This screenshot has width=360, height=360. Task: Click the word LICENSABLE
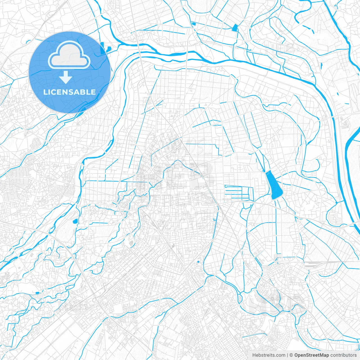pyautogui.click(x=69, y=92)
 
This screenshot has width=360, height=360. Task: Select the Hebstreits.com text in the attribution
pyautogui.click(x=269, y=355)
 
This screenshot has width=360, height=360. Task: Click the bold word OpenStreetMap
pyautogui.click(x=311, y=355)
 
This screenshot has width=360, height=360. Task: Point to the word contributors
pyautogui.click(x=343, y=355)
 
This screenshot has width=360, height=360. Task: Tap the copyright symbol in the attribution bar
pyautogui.click(x=291, y=355)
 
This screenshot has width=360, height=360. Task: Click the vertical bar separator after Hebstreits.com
pyautogui.click(x=287, y=355)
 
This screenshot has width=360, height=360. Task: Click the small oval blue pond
pyautogui.click(x=75, y=221)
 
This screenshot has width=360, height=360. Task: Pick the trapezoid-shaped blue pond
pyautogui.click(x=235, y=28)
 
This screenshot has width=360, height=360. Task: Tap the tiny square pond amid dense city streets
pyautogui.click(x=198, y=262)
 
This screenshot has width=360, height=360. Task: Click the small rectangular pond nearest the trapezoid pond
pyautogui.click(x=194, y=24)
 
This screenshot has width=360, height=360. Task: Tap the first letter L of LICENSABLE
pyautogui.click(x=45, y=92)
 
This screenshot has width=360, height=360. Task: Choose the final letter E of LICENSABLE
pyautogui.click(x=93, y=92)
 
